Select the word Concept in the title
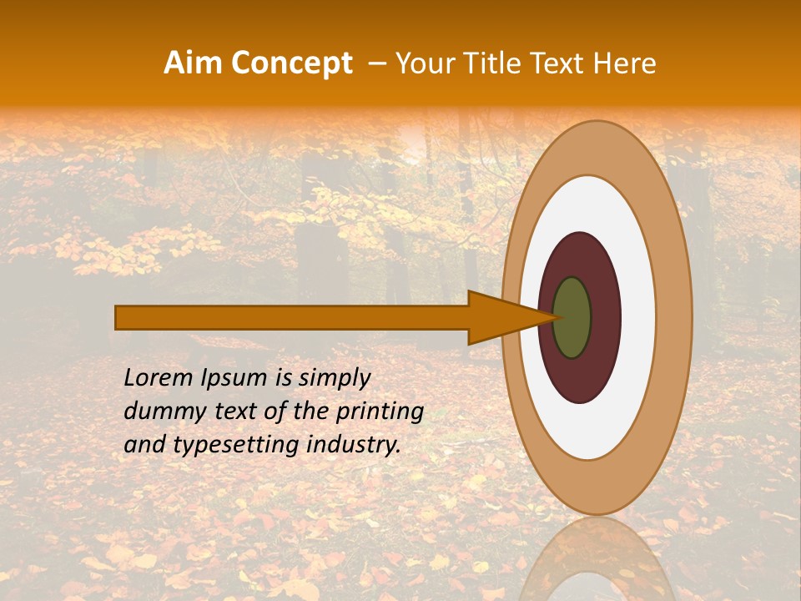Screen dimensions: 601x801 coord(291,63)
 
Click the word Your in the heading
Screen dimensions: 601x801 coord(424,63)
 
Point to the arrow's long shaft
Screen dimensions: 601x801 coord(292,317)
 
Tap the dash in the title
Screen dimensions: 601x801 coord(376,64)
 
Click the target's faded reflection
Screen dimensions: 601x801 coord(596,559)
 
